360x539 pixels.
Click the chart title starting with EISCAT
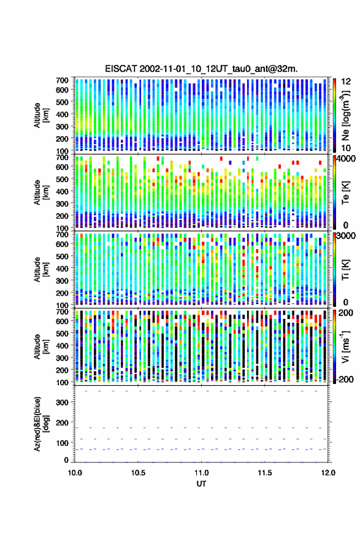click(201, 69)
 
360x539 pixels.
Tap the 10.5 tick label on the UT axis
click(138, 473)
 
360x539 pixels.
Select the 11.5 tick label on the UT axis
click(264, 473)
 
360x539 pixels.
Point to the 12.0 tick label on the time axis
click(328, 473)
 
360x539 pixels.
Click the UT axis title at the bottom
click(201, 484)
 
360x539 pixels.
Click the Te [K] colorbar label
click(345, 193)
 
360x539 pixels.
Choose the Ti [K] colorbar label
click(345, 270)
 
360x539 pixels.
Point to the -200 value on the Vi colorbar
click(344, 379)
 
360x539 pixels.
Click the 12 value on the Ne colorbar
click(346, 82)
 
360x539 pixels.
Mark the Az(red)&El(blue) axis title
click(41, 424)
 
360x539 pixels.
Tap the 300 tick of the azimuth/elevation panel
click(62, 402)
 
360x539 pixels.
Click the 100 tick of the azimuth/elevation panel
click(62, 443)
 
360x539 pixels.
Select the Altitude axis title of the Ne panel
click(41, 115)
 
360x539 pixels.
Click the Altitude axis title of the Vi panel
click(41, 346)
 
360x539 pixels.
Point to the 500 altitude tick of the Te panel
click(62, 179)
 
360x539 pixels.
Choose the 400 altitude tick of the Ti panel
click(62, 268)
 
